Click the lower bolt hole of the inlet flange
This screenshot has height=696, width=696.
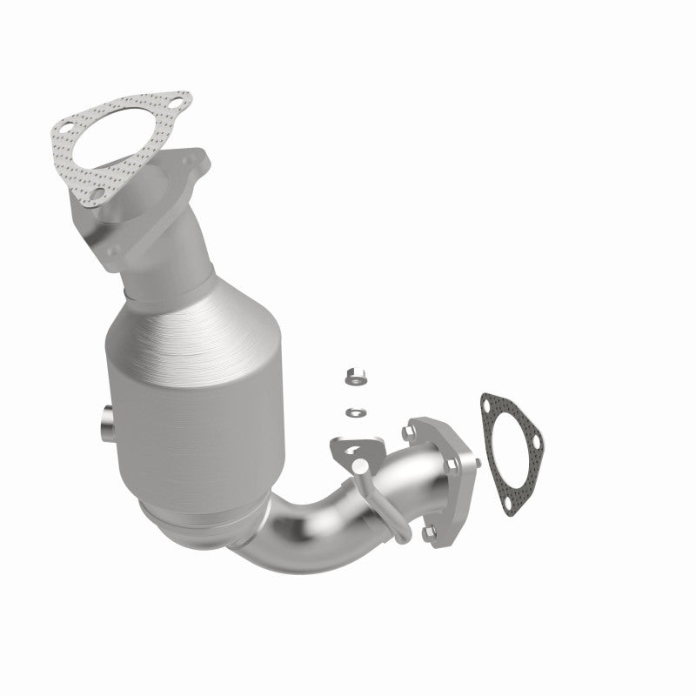pyautogui.click(x=112, y=251)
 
